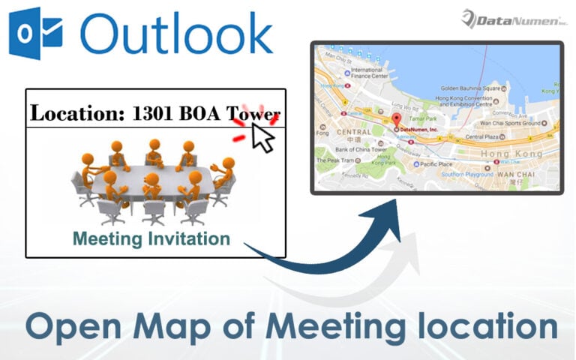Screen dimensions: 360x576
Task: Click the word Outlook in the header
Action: pos(175,34)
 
